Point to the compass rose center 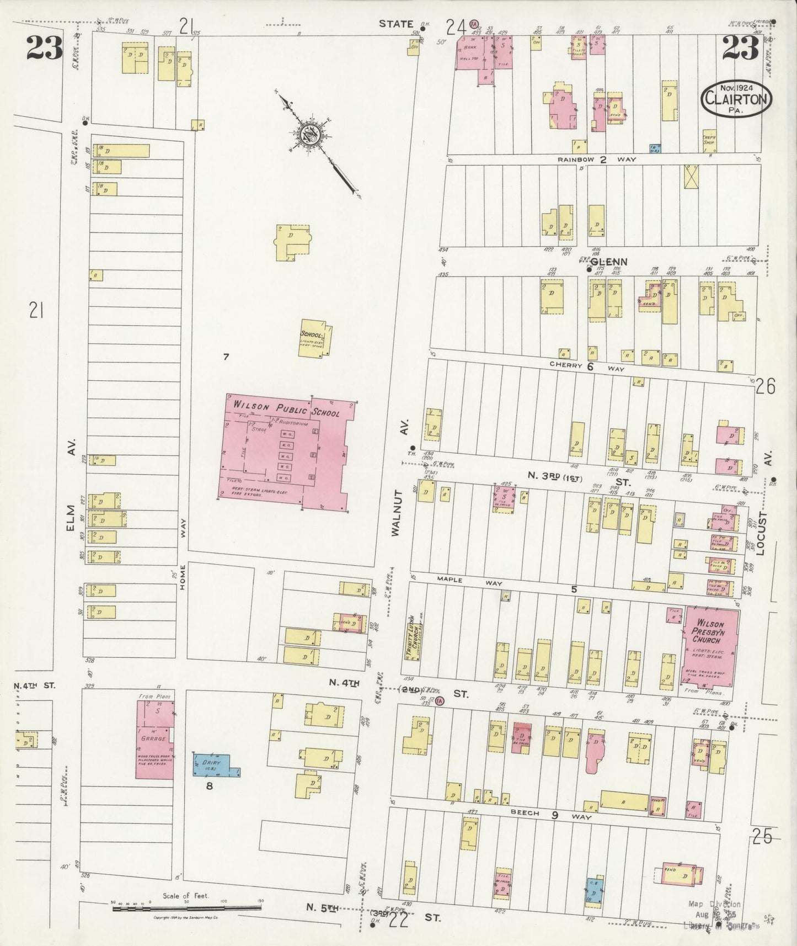click(x=308, y=135)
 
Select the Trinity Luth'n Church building click(x=410, y=643)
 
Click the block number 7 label click(x=226, y=357)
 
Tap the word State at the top click(x=395, y=24)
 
